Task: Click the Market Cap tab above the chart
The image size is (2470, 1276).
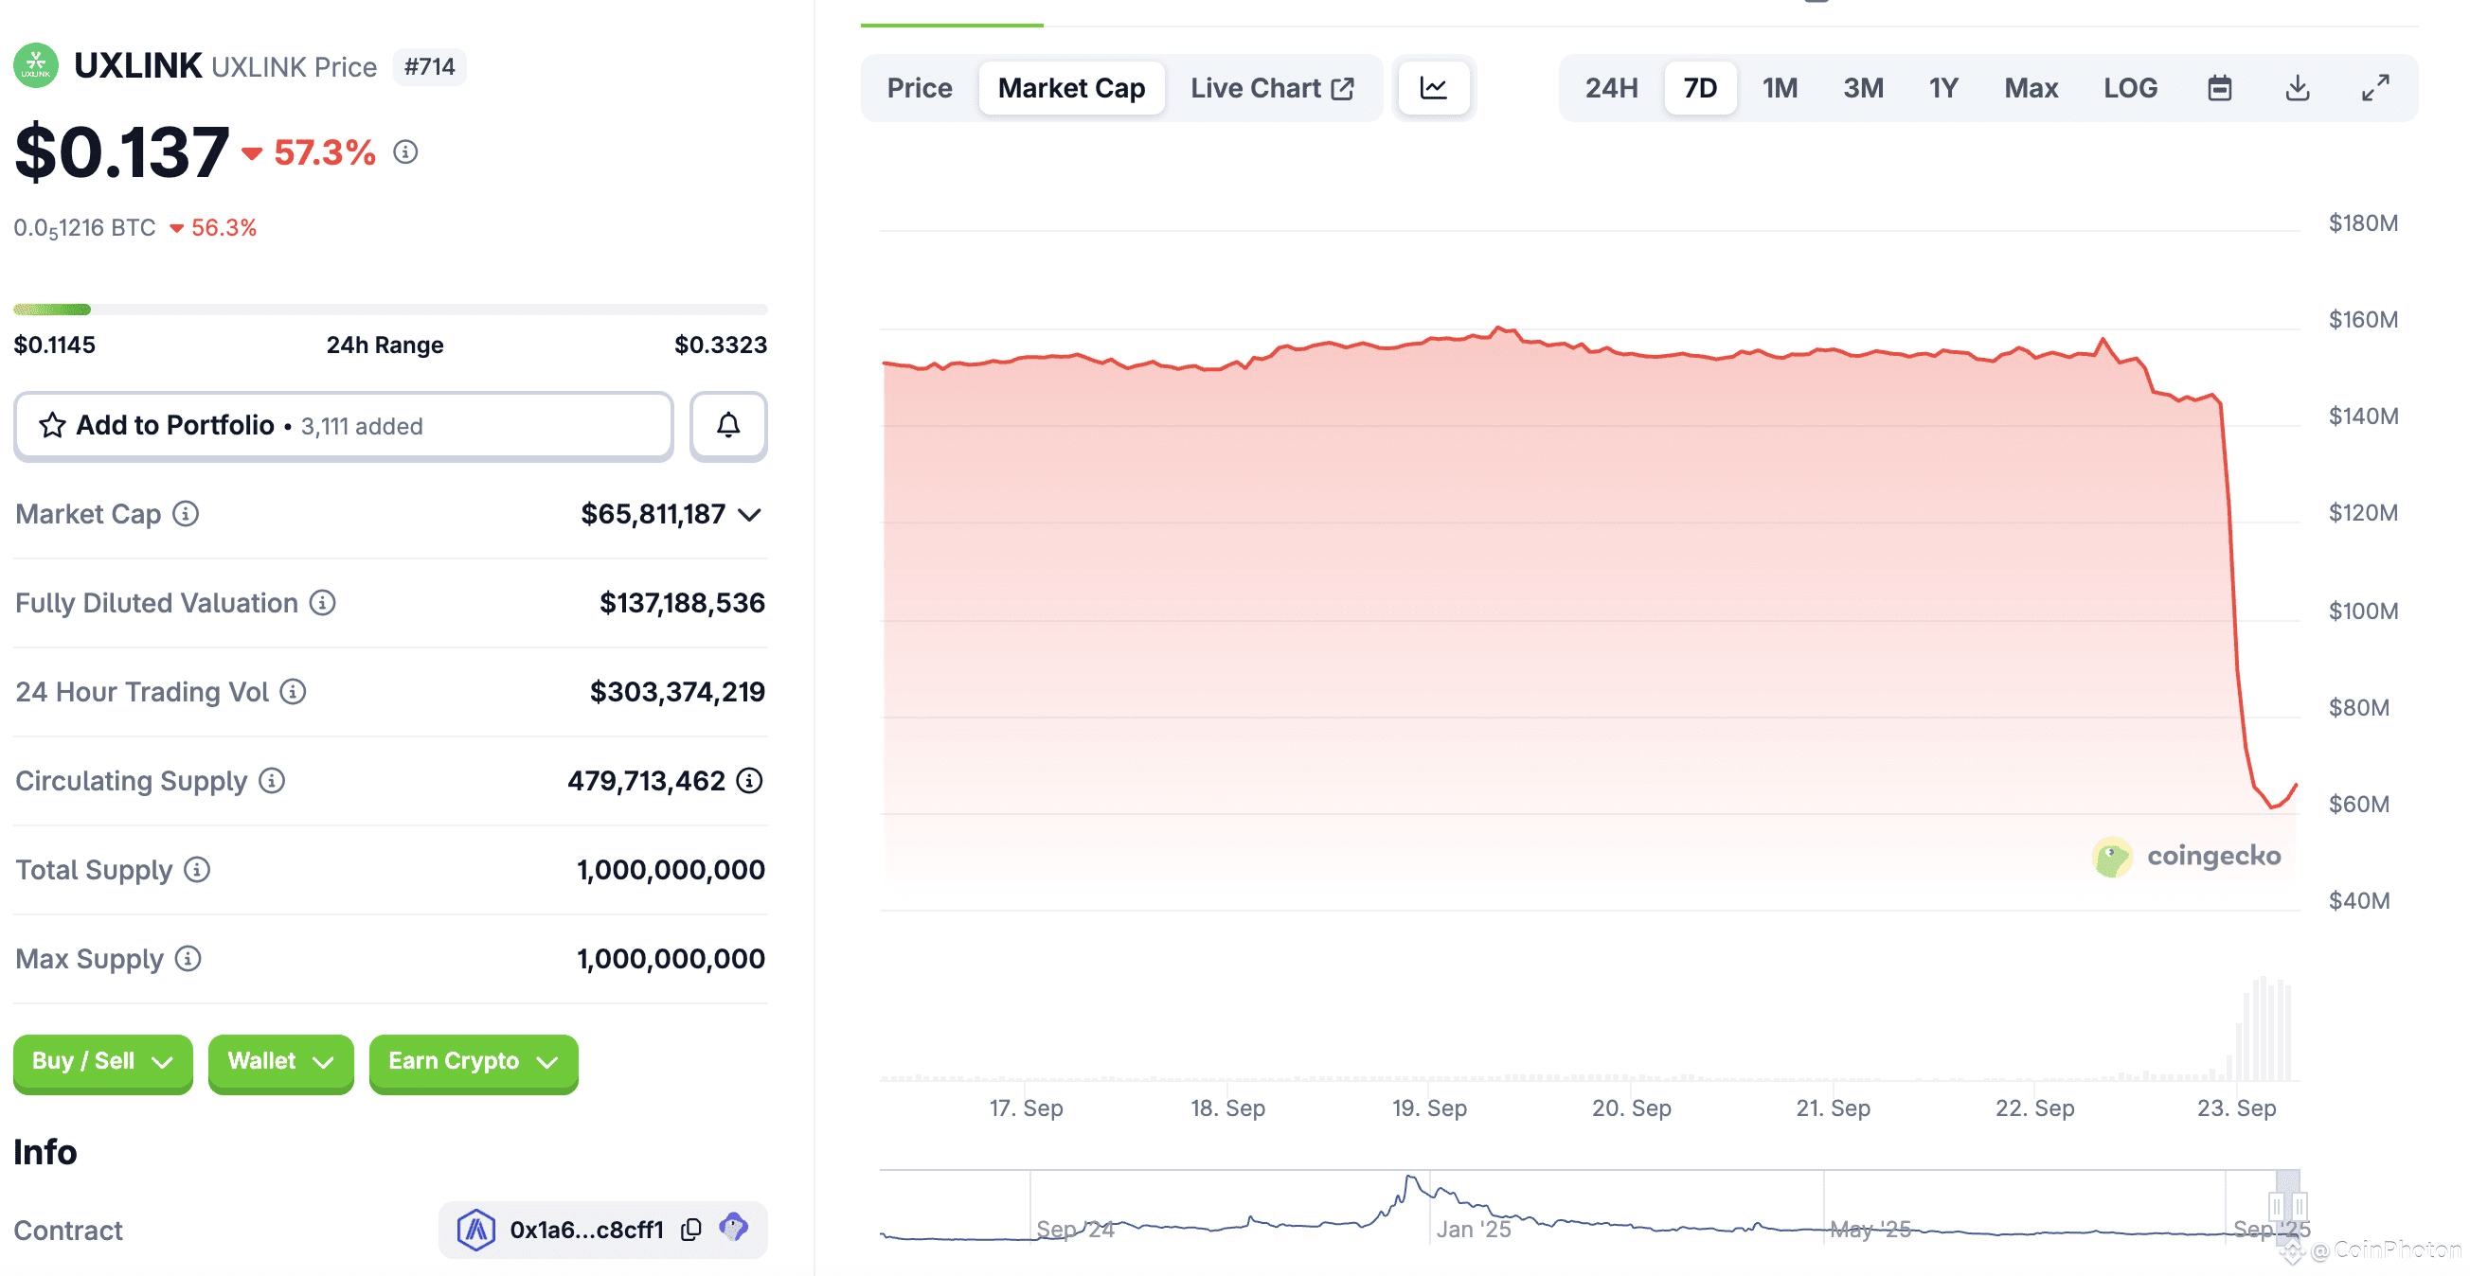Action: pyautogui.click(x=1070, y=88)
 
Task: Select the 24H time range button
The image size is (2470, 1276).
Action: pyautogui.click(x=1610, y=88)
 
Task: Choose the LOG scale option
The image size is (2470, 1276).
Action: pyautogui.click(x=2129, y=88)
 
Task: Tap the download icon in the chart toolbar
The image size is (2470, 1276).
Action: pyautogui.click(x=2297, y=88)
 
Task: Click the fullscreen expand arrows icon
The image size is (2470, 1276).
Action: pyautogui.click(x=2374, y=88)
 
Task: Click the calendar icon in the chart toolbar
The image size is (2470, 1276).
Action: pyautogui.click(x=2219, y=88)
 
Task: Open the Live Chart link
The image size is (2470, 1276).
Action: pyautogui.click(x=1270, y=88)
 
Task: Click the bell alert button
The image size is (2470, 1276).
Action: pyautogui.click(x=727, y=425)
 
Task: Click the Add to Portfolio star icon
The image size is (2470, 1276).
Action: pyautogui.click(x=52, y=425)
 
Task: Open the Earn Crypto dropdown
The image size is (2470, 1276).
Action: pyautogui.click(x=473, y=1061)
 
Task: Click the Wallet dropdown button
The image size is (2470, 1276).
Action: pyautogui.click(x=280, y=1061)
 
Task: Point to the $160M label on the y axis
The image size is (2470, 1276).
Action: pyautogui.click(x=2362, y=319)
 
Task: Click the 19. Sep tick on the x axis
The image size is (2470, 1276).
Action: pyautogui.click(x=1429, y=1108)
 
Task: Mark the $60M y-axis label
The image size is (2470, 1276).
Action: pyautogui.click(x=2358, y=804)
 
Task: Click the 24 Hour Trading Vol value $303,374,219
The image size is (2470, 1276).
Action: pyautogui.click(x=676, y=691)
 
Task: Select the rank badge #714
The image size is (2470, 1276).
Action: pyautogui.click(x=429, y=67)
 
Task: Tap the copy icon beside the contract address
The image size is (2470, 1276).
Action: pyautogui.click(x=690, y=1229)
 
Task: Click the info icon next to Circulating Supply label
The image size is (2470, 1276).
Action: pyautogui.click(x=273, y=780)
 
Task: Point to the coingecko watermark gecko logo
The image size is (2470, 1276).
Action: pyautogui.click(x=2110, y=856)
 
